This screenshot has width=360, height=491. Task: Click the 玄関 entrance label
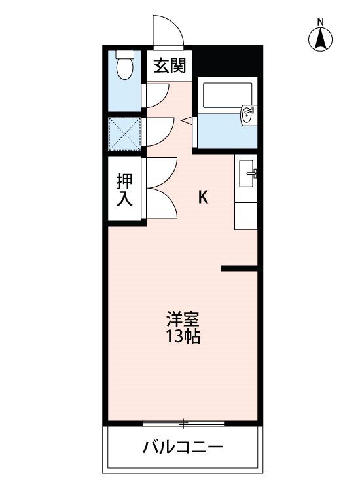tap(170, 65)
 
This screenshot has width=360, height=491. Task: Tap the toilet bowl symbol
tap(124, 68)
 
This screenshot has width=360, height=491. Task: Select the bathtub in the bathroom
tap(227, 95)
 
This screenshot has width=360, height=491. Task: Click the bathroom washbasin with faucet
tap(249, 115)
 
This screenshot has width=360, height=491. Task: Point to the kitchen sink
tap(246, 173)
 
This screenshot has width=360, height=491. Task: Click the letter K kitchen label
tap(203, 198)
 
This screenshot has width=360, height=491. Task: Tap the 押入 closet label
tap(124, 190)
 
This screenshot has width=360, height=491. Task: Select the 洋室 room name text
tap(183, 319)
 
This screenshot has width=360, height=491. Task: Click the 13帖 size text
tap(183, 336)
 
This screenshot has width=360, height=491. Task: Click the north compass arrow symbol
tap(320, 39)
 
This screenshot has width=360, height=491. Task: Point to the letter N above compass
tap(320, 22)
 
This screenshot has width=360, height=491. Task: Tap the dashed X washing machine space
tap(124, 134)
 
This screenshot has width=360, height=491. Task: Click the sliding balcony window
tap(183, 424)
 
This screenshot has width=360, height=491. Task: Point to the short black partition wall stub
tap(239, 268)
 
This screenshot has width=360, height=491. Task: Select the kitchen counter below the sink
tap(246, 216)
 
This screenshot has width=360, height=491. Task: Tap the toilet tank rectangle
tap(125, 54)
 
